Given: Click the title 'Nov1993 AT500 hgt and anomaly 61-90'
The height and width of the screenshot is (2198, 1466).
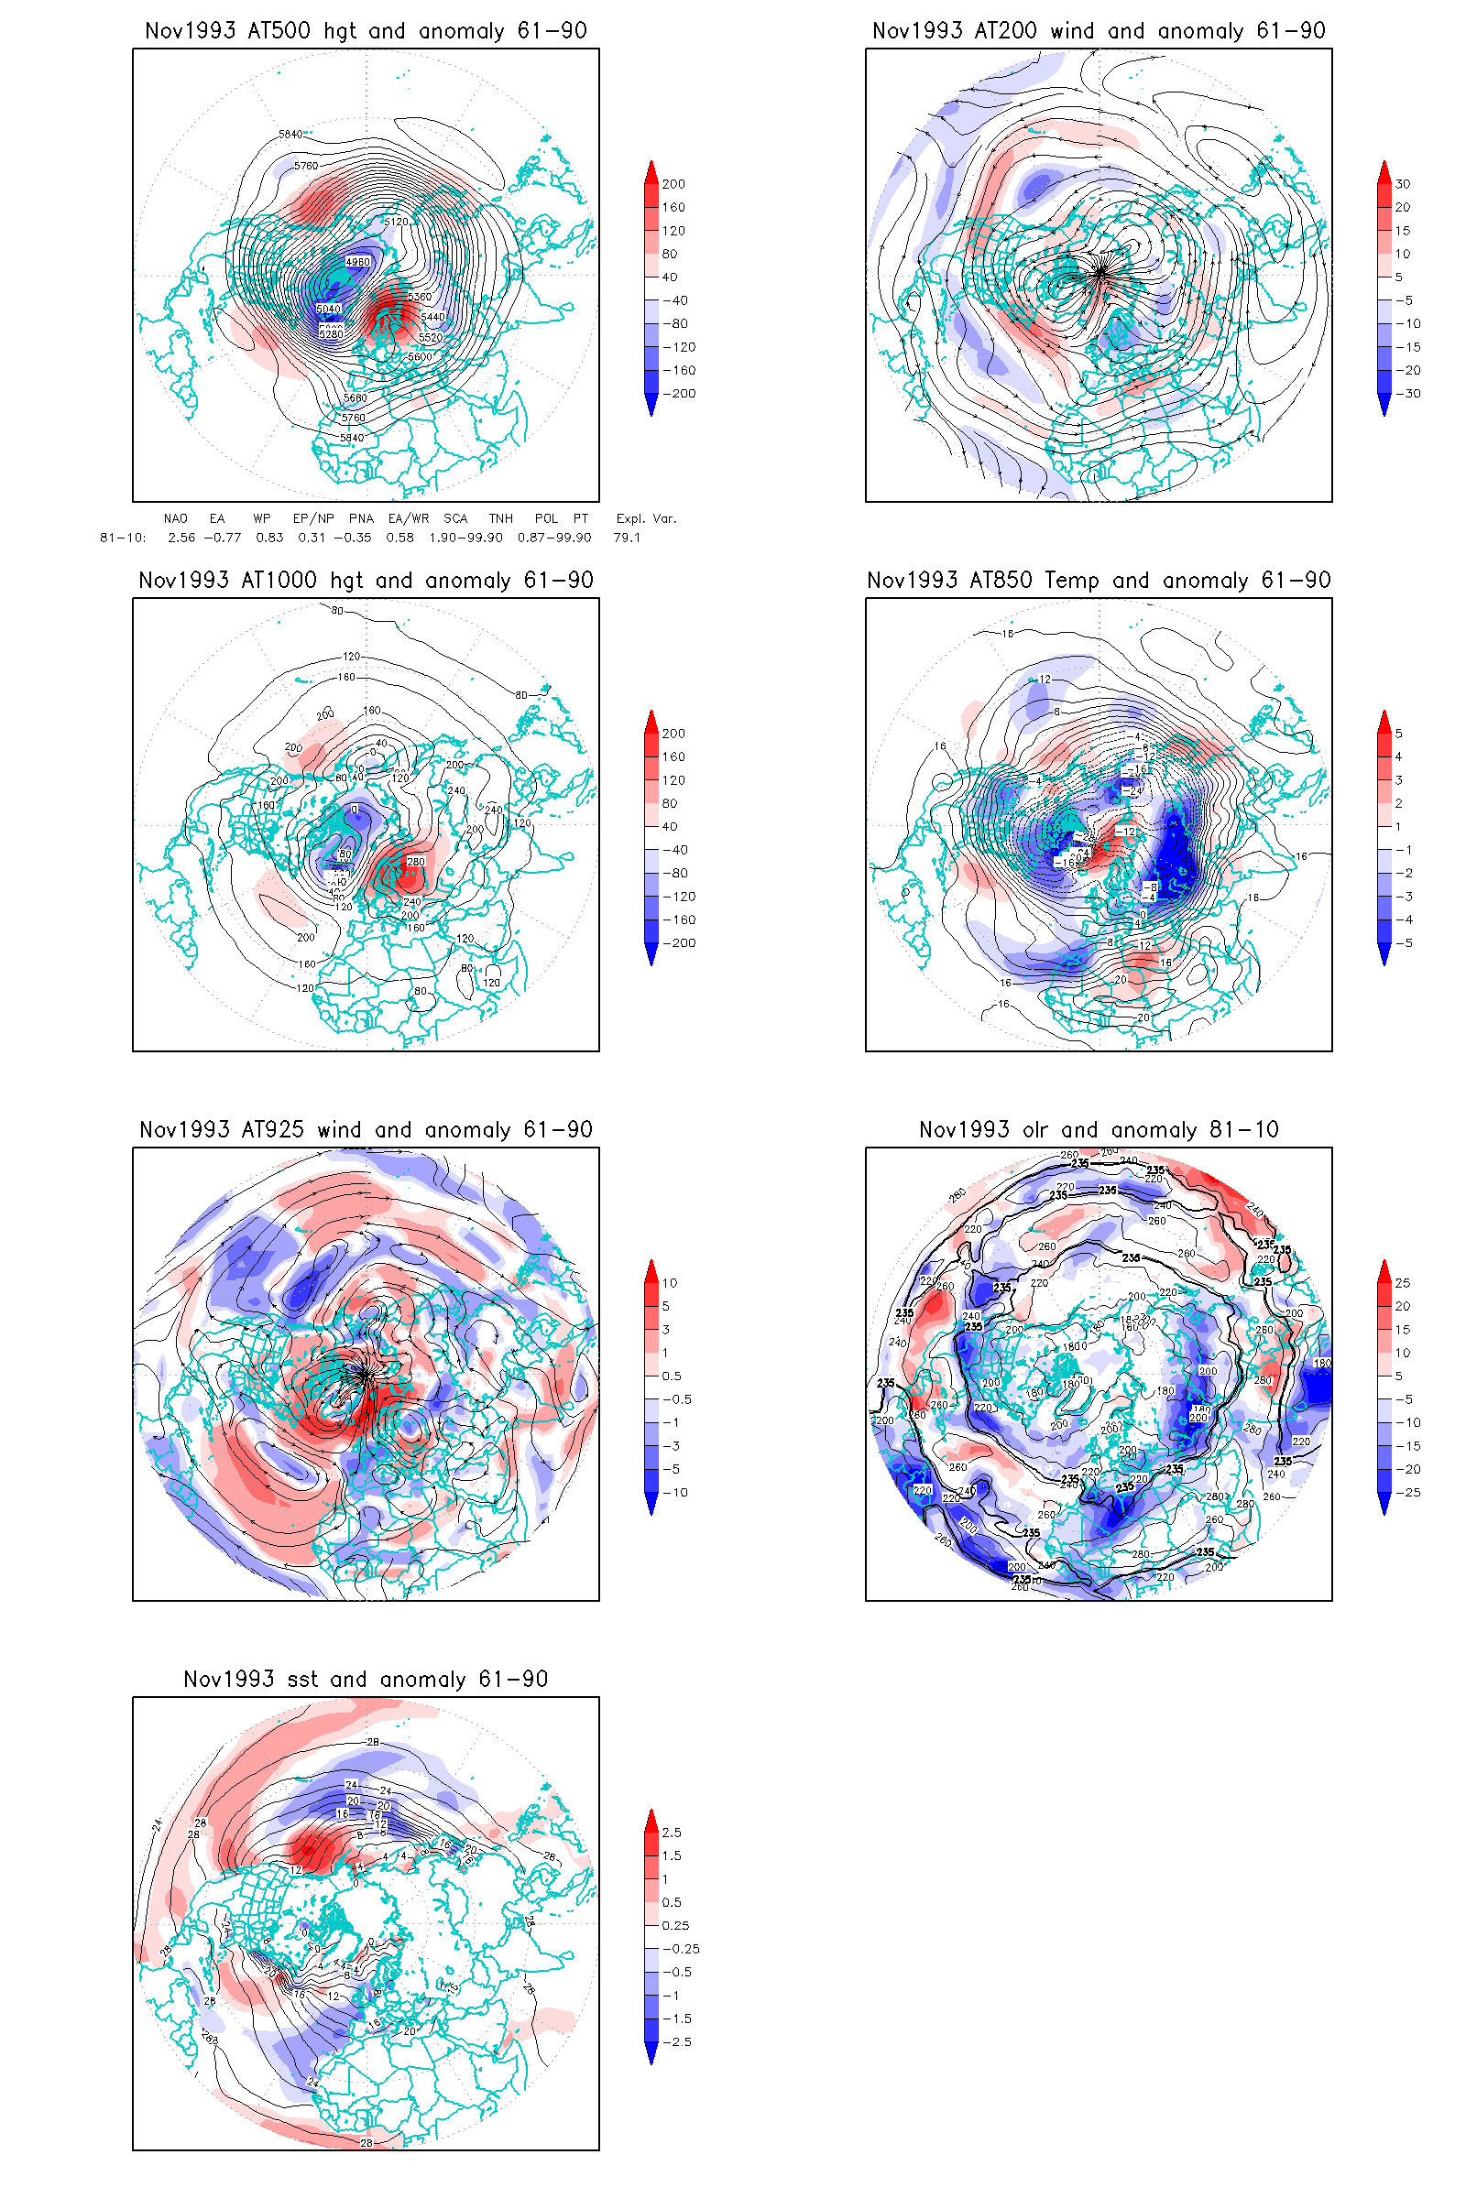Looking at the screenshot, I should click(366, 31).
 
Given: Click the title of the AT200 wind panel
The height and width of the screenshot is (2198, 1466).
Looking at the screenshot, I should click(1099, 31).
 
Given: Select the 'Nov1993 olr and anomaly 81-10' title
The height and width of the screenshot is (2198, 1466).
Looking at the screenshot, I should click(1099, 1130).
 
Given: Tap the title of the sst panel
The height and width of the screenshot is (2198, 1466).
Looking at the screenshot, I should click(366, 1680).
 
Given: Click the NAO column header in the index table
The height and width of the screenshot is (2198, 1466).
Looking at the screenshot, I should click(175, 518).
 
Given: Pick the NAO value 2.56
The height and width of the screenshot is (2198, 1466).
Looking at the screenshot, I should click(181, 538).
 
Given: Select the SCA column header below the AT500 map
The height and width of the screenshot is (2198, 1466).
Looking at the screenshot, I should click(455, 518).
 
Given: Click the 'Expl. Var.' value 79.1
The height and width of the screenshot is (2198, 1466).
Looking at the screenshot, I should click(627, 538).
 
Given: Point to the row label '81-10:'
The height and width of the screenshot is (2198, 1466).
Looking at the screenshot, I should click(123, 538).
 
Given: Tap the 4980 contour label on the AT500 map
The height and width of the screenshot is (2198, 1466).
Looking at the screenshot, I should click(358, 262).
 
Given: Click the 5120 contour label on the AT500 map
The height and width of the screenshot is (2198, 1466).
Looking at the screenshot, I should click(396, 222).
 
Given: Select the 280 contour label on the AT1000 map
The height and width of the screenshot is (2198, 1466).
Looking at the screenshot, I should click(415, 862).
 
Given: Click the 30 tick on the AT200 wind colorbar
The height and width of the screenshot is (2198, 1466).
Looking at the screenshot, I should click(1403, 184).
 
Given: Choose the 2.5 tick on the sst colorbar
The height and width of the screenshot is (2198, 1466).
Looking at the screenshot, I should click(672, 1833).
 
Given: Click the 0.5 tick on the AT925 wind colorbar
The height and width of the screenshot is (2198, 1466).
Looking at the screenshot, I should click(672, 1376).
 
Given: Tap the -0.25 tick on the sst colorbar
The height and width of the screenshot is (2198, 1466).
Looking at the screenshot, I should click(681, 1949).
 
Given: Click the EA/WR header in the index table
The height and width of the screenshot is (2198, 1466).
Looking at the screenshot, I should click(409, 518).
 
